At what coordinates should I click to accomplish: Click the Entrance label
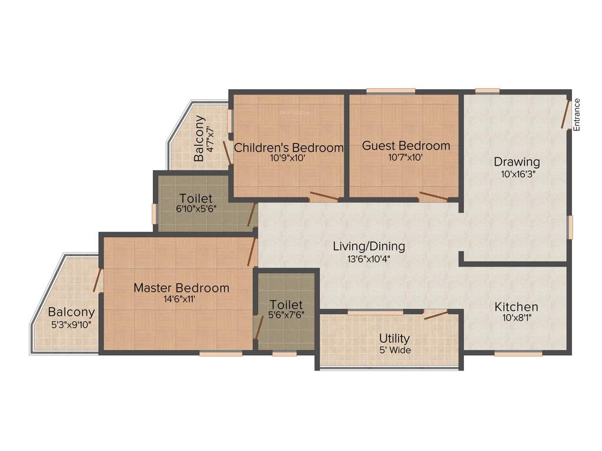pyautogui.click(x=577, y=115)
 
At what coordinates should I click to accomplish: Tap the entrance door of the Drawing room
pyautogui.click(x=566, y=114)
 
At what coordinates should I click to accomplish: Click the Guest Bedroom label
pyautogui.click(x=406, y=146)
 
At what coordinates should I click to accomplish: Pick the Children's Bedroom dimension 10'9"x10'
pyautogui.click(x=289, y=157)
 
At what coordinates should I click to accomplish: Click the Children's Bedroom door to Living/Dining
pyautogui.click(x=324, y=196)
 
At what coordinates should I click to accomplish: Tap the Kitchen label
pyautogui.click(x=516, y=307)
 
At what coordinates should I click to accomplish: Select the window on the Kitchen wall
pyautogui.click(x=518, y=354)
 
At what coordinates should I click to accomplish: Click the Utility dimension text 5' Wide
pyautogui.click(x=394, y=350)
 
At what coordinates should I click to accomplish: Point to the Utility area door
pyautogui.click(x=436, y=315)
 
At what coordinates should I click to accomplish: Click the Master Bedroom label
pyautogui.click(x=181, y=288)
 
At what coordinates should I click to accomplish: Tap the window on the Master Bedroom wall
pyautogui.click(x=220, y=354)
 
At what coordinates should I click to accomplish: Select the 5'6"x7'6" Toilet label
pyautogui.click(x=286, y=305)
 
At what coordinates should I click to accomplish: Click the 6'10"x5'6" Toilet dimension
pyautogui.click(x=196, y=208)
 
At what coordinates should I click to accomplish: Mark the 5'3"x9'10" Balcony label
pyautogui.click(x=71, y=312)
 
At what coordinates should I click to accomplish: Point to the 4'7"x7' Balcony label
pyautogui.click(x=200, y=138)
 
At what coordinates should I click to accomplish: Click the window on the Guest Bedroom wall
pyautogui.click(x=390, y=91)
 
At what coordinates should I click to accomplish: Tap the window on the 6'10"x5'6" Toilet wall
pyautogui.click(x=155, y=213)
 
